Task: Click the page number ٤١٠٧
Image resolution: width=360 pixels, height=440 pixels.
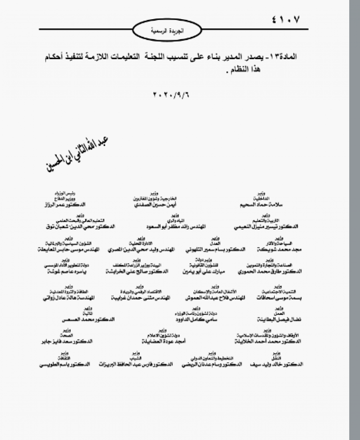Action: point(283,20)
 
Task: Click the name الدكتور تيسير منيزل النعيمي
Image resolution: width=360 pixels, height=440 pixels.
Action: point(266,226)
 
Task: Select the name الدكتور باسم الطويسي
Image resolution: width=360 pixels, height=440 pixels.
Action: point(65,364)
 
